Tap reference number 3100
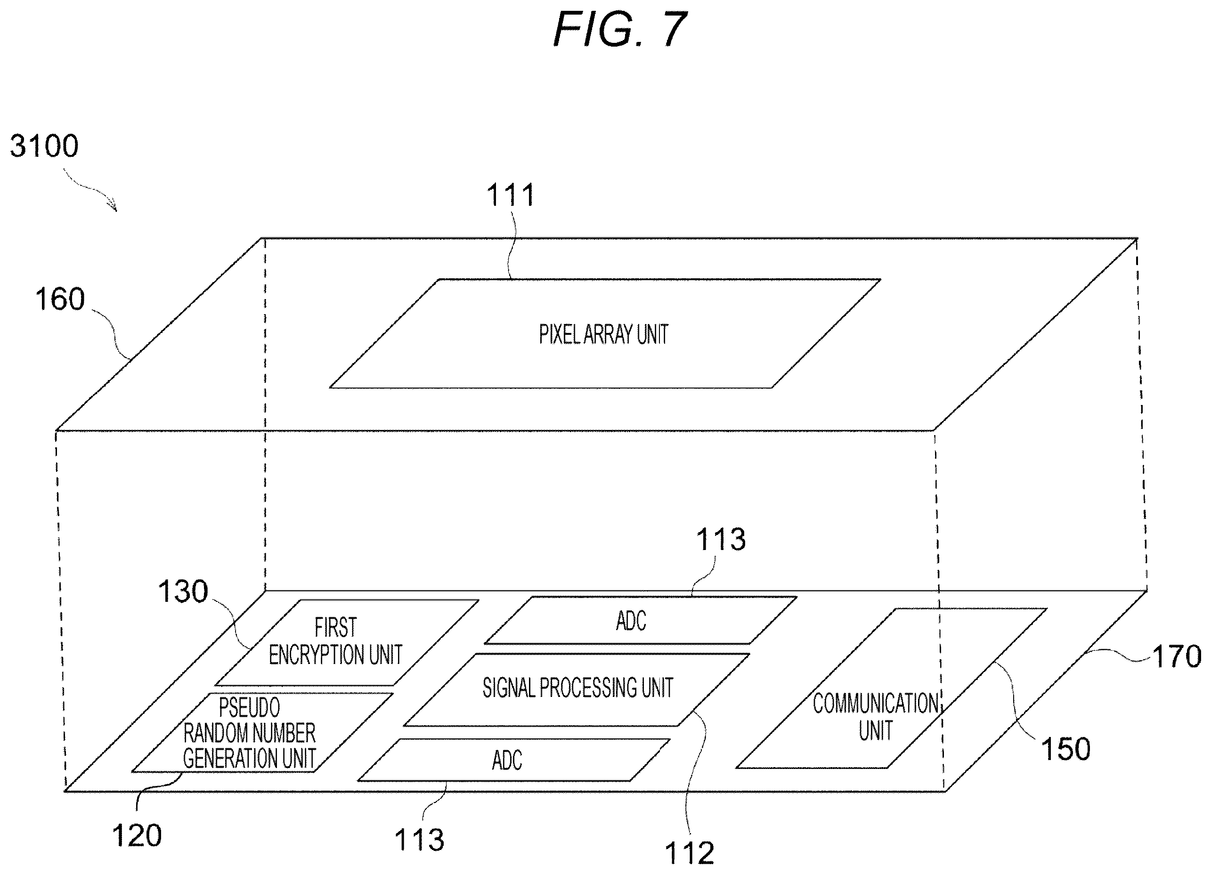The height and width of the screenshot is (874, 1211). tap(44, 146)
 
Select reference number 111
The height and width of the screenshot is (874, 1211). tap(510, 195)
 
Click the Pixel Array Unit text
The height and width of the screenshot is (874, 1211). tap(603, 335)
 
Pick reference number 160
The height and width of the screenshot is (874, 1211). tap(60, 299)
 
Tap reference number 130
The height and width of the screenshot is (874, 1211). tap(183, 591)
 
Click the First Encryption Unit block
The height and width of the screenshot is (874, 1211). tap(347, 642)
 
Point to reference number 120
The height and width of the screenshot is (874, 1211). tap(137, 835)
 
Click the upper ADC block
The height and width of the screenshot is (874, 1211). tap(641, 620)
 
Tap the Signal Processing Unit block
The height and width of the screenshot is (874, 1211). tap(577, 690)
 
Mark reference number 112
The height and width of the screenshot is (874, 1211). tap(689, 853)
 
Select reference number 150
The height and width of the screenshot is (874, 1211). tap(1066, 749)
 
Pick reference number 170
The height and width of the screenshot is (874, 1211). tap(1177, 656)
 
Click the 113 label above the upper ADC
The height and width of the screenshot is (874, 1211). tap(720, 539)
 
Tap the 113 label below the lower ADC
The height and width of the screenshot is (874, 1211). tap(419, 840)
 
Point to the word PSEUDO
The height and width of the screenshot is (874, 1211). tap(249, 708)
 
